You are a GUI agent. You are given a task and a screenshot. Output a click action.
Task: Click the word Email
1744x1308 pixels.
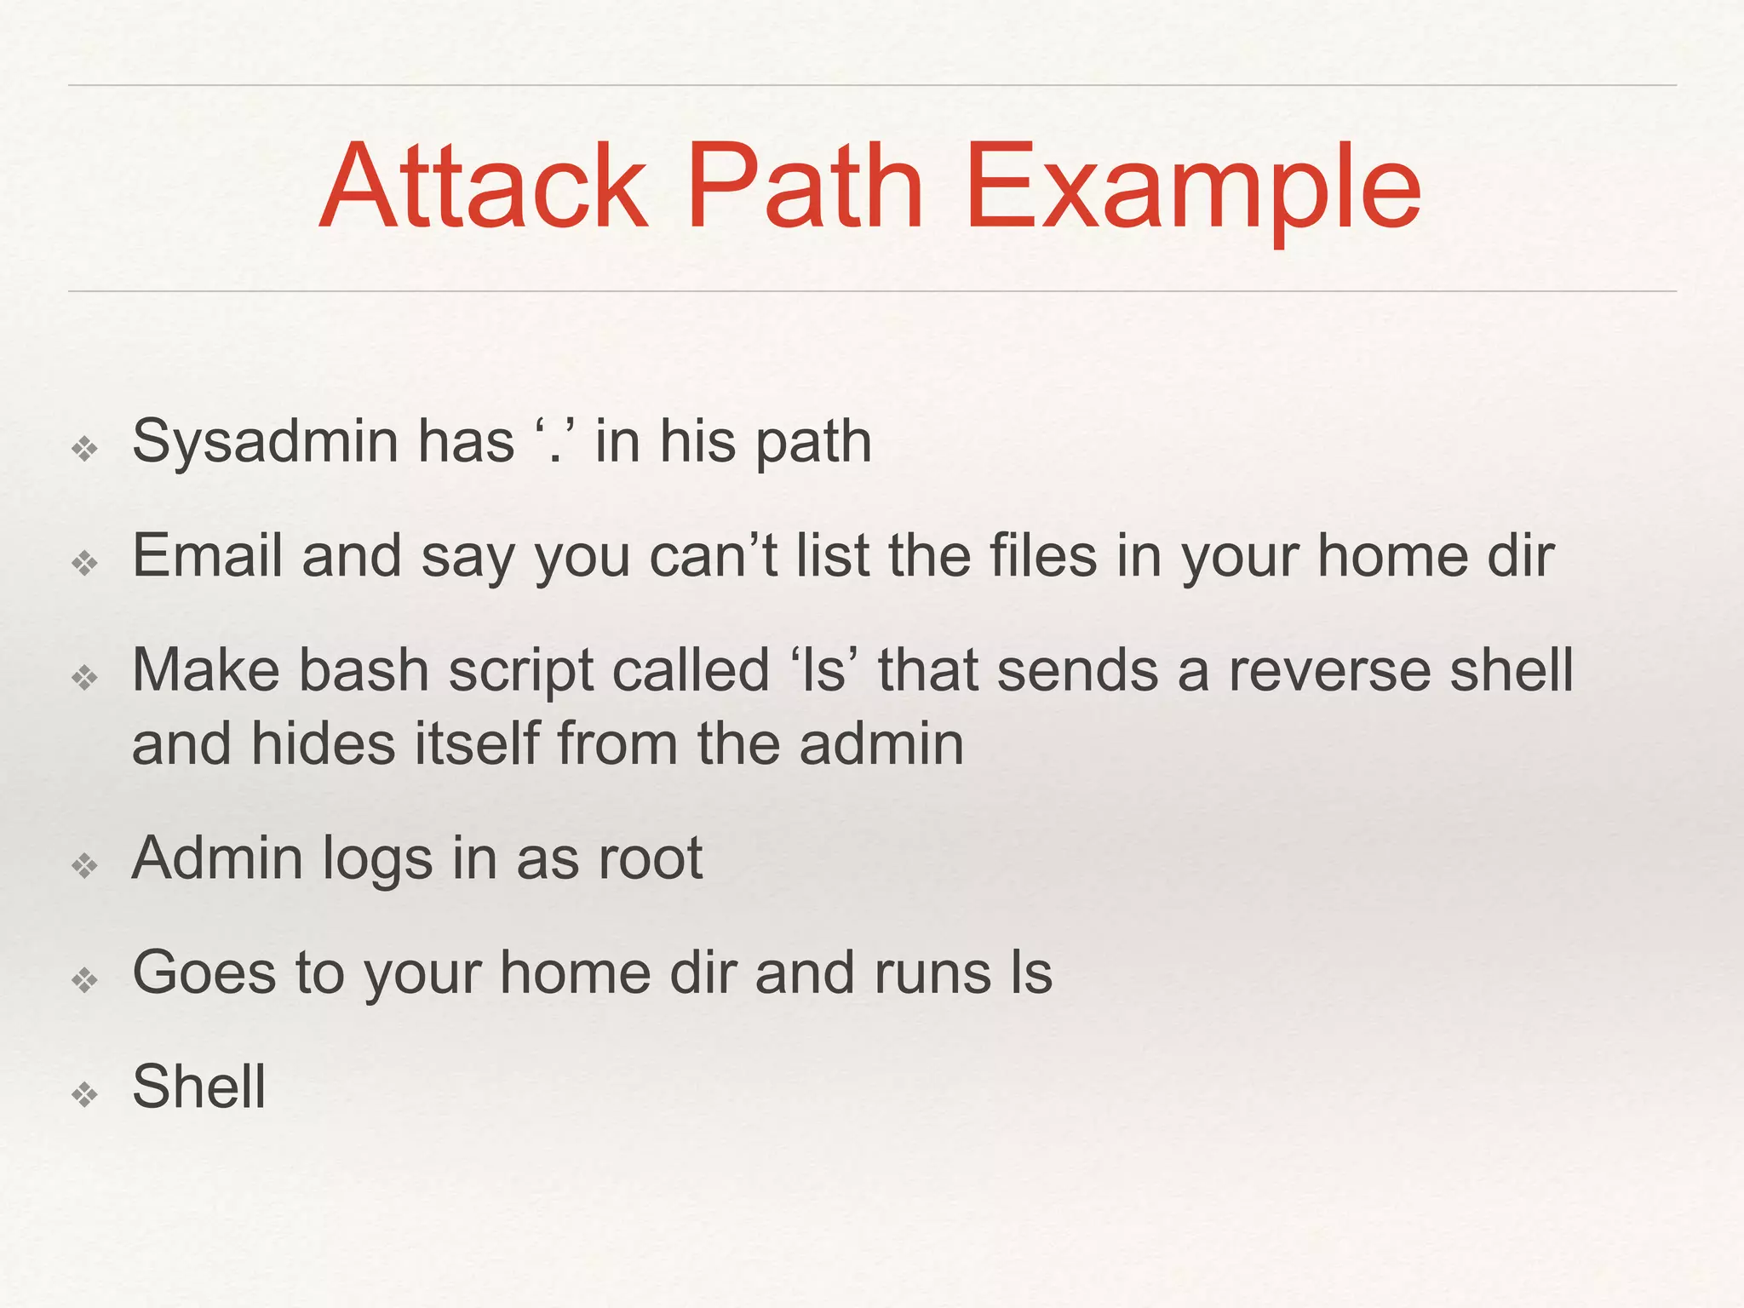pyautogui.click(x=207, y=556)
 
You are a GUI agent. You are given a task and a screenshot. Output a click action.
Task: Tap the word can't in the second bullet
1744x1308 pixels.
pyautogui.click(x=714, y=556)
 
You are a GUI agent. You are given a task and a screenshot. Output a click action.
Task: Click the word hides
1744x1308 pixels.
pyautogui.click(x=324, y=743)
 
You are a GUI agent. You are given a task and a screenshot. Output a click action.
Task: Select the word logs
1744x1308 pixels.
pyautogui.click(x=377, y=859)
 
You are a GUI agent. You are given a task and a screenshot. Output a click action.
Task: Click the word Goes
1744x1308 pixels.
pyautogui.click(x=204, y=972)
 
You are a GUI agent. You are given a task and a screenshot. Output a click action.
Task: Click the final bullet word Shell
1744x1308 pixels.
pyautogui.click(x=199, y=1087)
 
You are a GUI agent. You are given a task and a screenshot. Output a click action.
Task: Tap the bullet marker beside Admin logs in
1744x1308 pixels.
pyautogui.click(x=85, y=866)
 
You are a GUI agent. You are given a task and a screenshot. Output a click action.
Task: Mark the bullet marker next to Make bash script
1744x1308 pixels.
pyautogui.click(x=85, y=678)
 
